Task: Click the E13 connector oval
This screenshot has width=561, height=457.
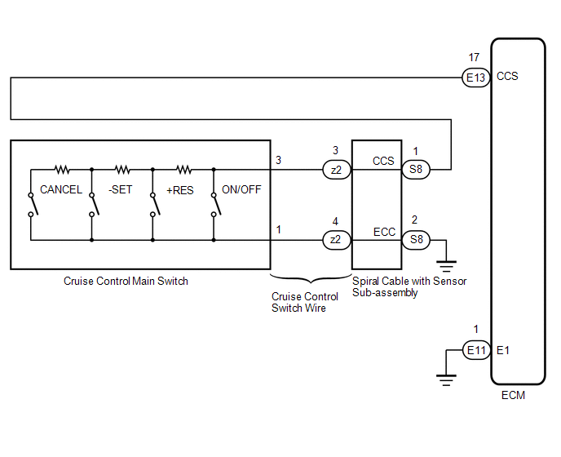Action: coord(475,78)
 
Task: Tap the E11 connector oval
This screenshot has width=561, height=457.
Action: coord(476,350)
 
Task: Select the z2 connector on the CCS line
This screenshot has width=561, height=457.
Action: coord(337,170)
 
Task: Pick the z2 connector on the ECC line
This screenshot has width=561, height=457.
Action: coord(337,240)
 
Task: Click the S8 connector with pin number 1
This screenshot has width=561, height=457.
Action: coord(416,169)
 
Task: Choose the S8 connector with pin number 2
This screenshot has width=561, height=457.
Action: coord(416,239)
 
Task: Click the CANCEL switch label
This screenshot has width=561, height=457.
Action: coord(61,189)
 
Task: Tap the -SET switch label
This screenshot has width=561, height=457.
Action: coord(120,189)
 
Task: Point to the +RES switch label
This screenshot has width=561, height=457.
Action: coord(180,190)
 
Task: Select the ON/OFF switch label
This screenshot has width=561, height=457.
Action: coord(241,189)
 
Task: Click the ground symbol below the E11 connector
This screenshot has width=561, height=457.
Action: coord(446,380)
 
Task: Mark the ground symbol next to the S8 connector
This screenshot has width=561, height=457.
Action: coord(446,267)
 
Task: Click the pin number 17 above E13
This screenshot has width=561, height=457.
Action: coord(474,57)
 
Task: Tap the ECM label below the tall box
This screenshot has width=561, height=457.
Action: coord(513,395)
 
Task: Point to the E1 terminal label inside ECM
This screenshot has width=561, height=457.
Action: coord(502,350)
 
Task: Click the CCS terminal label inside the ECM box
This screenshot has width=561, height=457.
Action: coord(507,76)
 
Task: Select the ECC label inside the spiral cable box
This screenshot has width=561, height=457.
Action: coord(384,232)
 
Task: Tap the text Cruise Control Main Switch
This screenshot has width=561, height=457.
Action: coord(126,282)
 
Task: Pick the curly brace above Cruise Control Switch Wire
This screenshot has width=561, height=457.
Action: coord(311,278)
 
